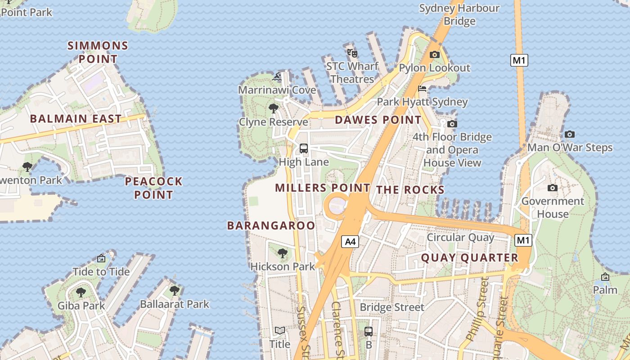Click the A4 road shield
(x=350, y=242)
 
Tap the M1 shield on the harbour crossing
(x=519, y=60)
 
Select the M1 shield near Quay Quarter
(x=523, y=240)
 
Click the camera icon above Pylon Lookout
(x=434, y=55)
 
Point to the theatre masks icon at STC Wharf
(x=352, y=53)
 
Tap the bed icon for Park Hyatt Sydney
(x=422, y=89)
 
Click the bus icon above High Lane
(x=304, y=148)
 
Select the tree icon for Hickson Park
(x=283, y=253)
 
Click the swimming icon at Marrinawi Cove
(x=277, y=77)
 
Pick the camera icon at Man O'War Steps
(x=570, y=134)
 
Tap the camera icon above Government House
(x=553, y=188)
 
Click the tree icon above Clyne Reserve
(x=273, y=108)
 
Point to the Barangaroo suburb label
(x=271, y=225)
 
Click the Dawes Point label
(x=378, y=120)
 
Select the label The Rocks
(x=410, y=190)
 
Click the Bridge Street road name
(x=392, y=307)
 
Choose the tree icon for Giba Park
(x=81, y=292)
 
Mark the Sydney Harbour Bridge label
(x=459, y=14)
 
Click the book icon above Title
(x=280, y=331)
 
